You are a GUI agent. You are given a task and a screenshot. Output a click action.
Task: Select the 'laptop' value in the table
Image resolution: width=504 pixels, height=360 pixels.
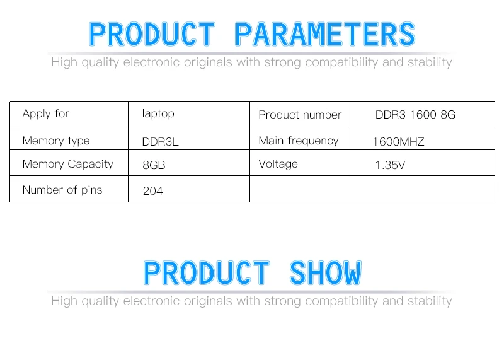tap(158, 114)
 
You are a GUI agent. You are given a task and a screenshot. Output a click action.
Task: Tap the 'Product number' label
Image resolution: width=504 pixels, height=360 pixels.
tap(300, 115)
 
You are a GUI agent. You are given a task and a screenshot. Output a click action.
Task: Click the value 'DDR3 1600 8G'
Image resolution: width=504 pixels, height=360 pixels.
tap(415, 115)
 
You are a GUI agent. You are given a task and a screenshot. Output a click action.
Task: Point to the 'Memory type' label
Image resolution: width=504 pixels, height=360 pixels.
tap(56, 141)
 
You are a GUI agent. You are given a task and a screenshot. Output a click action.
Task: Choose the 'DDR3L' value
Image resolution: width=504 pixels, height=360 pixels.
tap(160, 142)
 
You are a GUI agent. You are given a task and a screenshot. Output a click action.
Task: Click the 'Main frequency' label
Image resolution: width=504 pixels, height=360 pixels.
tap(298, 141)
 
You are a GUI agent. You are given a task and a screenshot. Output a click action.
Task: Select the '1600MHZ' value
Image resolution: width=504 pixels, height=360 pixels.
tap(399, 142)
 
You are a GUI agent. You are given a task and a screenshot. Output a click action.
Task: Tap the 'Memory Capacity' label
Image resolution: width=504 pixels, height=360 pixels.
tap(68, 165)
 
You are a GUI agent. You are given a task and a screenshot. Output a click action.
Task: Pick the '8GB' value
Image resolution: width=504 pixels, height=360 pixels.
tap(154, 165)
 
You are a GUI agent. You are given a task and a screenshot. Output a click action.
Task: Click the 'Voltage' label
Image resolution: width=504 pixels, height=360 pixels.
tap(278, 165)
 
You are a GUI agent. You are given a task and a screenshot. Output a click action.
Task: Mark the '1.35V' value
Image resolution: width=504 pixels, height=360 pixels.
tap(390, 165)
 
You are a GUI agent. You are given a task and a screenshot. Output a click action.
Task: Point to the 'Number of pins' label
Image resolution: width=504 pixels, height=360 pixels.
tap(62, 190)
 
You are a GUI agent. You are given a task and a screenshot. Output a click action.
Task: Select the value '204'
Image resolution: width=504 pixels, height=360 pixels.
tap(152, 191)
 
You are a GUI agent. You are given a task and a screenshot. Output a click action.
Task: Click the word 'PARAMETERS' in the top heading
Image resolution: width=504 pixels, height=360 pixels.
tap(325, 34)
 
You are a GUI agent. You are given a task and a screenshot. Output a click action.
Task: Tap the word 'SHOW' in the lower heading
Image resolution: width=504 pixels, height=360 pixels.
tap(326, 273)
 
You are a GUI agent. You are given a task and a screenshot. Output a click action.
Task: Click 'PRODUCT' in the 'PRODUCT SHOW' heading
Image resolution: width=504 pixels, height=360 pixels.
tap(207, 273)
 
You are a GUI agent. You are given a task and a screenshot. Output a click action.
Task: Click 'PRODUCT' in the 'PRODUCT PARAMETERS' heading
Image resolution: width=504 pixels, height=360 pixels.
tap(152, 34)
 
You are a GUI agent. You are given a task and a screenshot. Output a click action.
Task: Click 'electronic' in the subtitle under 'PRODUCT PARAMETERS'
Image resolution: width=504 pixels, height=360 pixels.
tap(151, 62)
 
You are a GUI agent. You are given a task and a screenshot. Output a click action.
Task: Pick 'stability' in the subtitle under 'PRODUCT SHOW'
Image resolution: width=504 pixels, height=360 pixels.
tap(430, 301)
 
